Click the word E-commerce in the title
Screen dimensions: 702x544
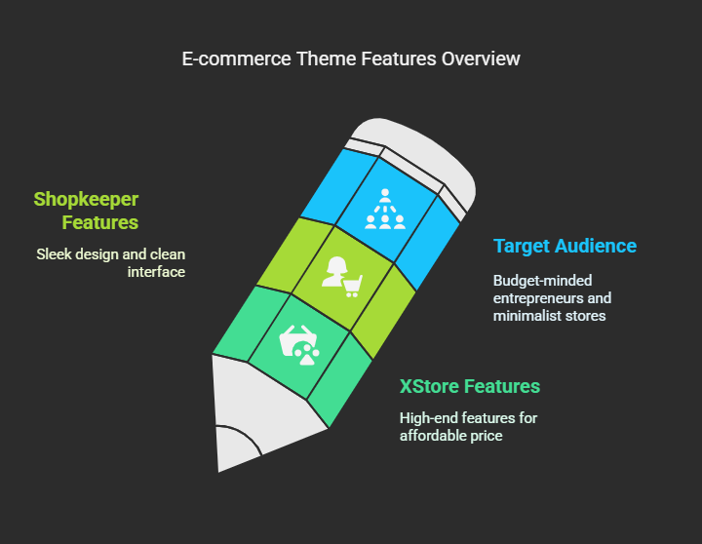[x=236, y=58]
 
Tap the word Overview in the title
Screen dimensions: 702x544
[x=481, y=58]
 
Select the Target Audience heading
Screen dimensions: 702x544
[x=565, y=247]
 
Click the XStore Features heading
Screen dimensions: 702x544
[x=470, y=386]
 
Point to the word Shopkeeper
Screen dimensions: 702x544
[x=86, y=200]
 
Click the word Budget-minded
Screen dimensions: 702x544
[x=543, y=281]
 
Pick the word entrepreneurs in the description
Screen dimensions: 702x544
[x=533, y=298]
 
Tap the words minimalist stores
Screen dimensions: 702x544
[x=549, y=316]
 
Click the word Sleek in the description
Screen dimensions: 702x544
[x=54, y=254]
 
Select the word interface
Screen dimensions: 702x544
[x=156, y=272]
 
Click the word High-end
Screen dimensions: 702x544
[x=428, y=418]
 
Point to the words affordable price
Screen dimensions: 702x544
[x=450, y=436]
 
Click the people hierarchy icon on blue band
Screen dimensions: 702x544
[x=385, y=209]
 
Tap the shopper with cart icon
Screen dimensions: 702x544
[x=341, y=277]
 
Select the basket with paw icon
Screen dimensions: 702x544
[x=299, y=345]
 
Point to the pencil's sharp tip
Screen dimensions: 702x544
[x=219, y=470]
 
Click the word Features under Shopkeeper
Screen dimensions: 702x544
[x=100, y=222]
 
